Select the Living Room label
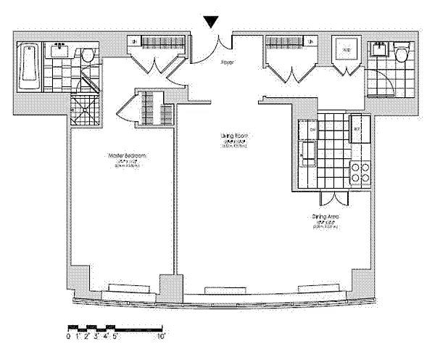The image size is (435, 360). coord(233,136)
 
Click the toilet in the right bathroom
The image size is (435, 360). coord(403,53)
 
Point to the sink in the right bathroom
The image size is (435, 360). coord(379,49)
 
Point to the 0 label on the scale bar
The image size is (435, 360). coord(68,336)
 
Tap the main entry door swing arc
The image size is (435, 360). coord(215,49)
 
